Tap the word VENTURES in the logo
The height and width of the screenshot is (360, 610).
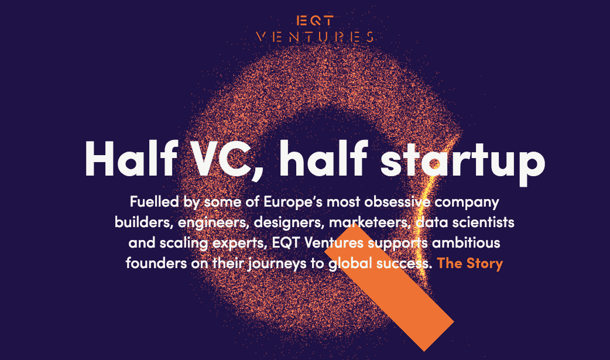[315, 37]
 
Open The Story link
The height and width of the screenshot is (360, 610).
[470, 263]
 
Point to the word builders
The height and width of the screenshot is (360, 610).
[138, 223]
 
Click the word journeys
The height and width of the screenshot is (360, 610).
[275, 263]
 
